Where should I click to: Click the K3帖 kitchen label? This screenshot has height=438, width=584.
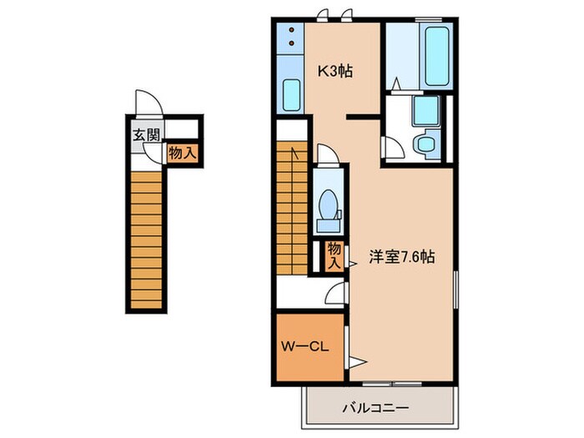[x=334, y=71]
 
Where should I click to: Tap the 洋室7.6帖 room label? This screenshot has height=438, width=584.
[x=401, y=257]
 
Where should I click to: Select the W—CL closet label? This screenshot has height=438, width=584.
[x=303, y=343]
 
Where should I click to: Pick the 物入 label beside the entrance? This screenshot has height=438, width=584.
[x=182, y=153]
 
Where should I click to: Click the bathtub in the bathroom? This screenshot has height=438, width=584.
[x=435, y=57]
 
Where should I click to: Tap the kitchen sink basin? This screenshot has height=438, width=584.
[x=291, y=95]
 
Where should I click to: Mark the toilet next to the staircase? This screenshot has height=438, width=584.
[x=328, y=205]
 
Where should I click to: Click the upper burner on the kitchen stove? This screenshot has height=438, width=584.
[x=291, y=30]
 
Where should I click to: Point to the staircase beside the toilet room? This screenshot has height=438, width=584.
[x=291, y=209]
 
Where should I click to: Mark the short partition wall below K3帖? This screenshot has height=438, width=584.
[x=364, y=117]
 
